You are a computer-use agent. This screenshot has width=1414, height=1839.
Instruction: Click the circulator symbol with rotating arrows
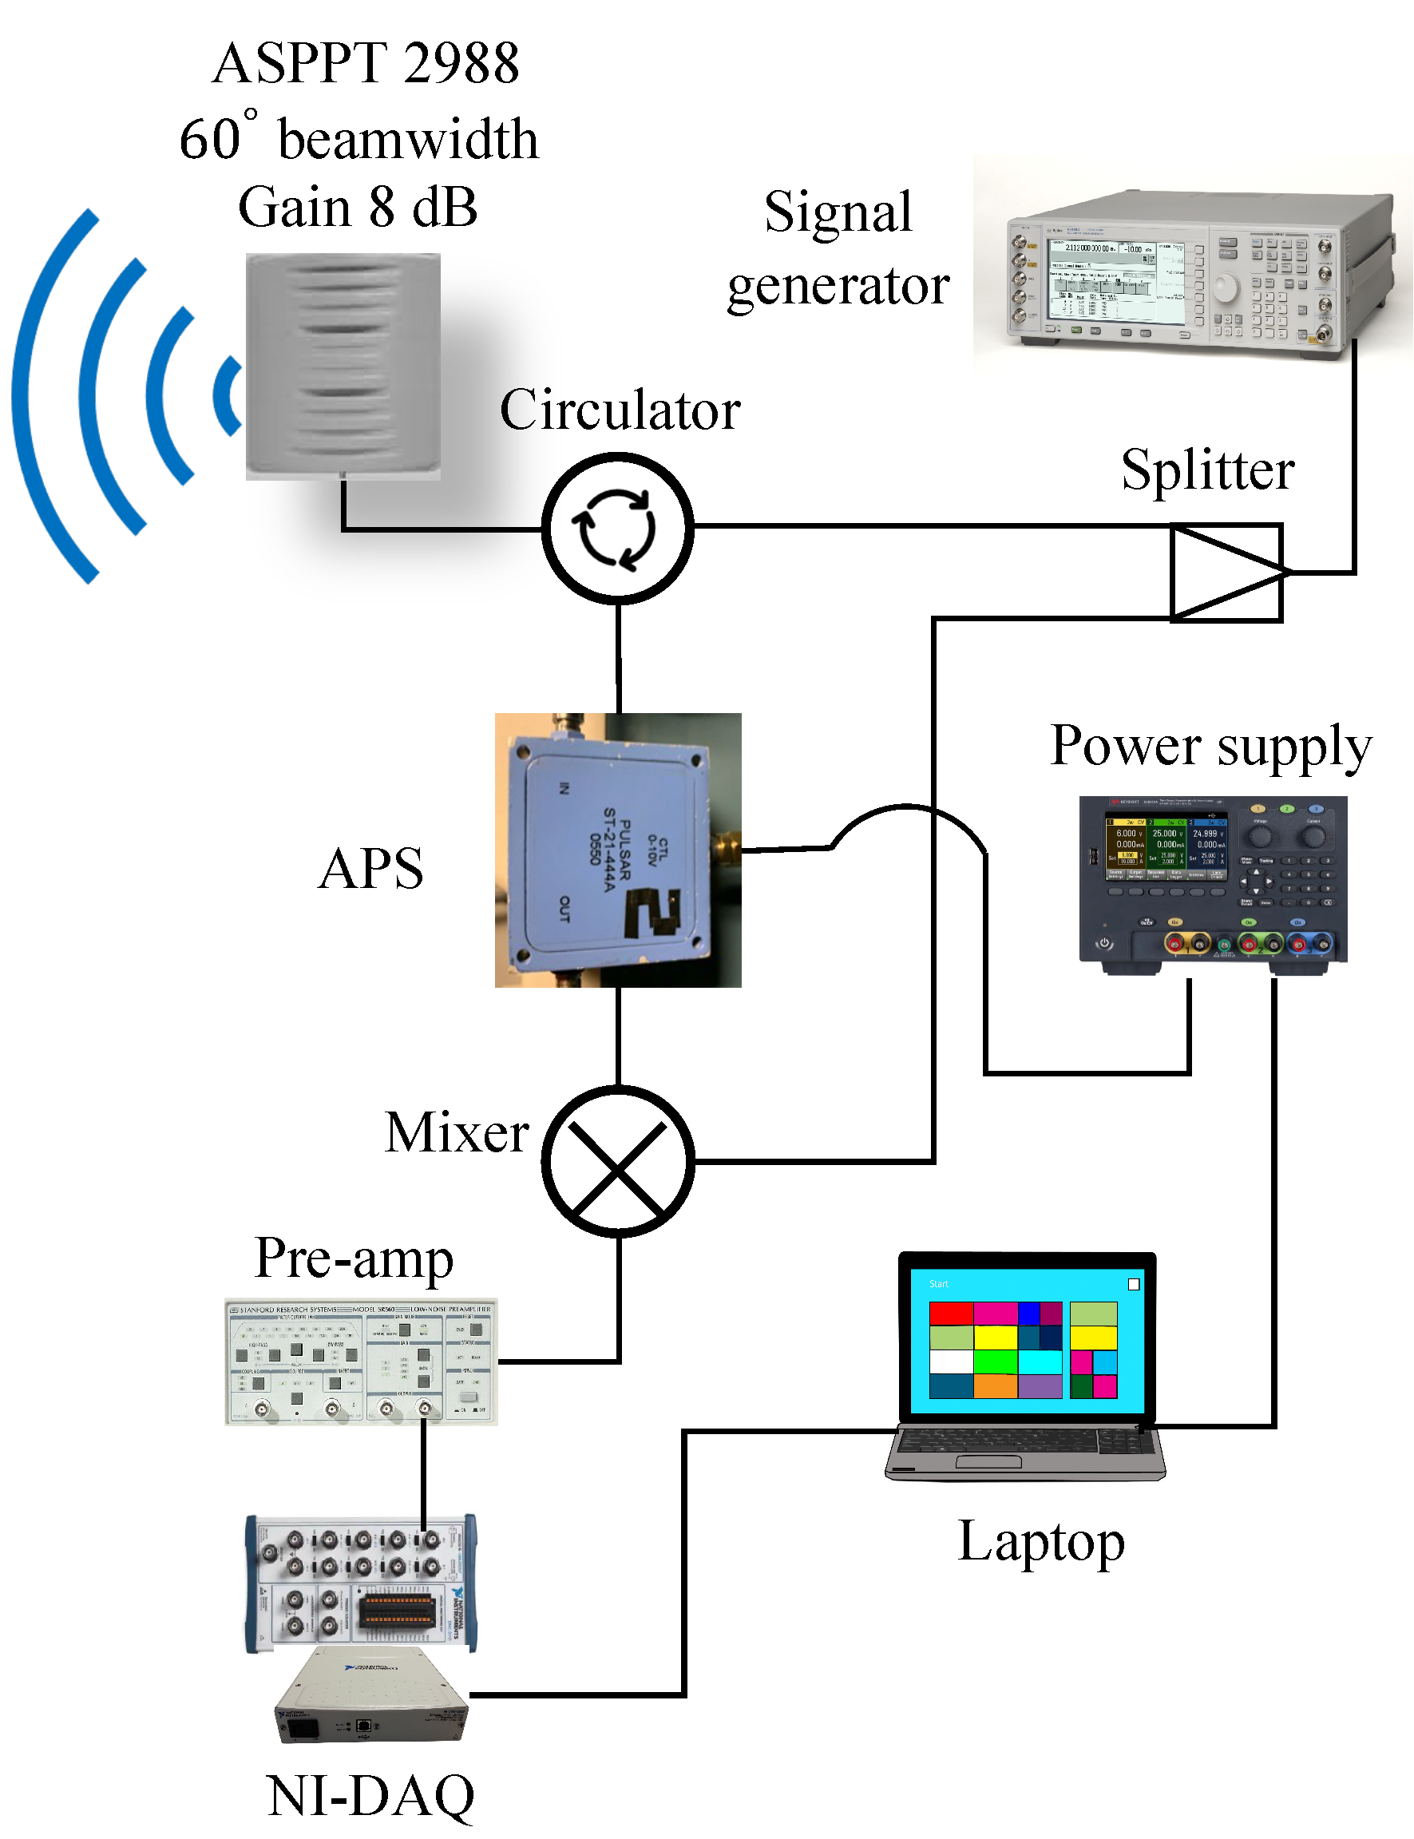click(x=618, y=529)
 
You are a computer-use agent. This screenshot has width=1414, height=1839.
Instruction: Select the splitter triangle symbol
click(x=1226, y=573)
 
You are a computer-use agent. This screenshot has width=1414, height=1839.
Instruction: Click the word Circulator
click(x=620, y=410)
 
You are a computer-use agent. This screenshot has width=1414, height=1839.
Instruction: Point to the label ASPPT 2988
click(x=366, y=63)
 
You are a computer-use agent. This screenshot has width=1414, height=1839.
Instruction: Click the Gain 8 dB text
click(x=358, y=207)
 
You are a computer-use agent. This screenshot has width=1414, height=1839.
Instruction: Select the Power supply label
click(x=1210, y=746)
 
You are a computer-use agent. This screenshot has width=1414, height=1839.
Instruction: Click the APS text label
click(x=371, y=869)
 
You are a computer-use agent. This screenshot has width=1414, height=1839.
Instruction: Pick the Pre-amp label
click(x=354, y=1258)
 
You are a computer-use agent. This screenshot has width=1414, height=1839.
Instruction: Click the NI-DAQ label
click(x=370, y=1795)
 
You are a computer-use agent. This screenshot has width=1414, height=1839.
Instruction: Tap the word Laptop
click(x=1041, y=1541)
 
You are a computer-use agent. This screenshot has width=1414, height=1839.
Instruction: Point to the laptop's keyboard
click(x=1023, y=1442)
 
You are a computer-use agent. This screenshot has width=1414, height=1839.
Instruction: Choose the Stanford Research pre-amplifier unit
click(x=361, y=1361)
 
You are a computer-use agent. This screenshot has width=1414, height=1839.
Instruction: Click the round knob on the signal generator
click(x=1226, y=289)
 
